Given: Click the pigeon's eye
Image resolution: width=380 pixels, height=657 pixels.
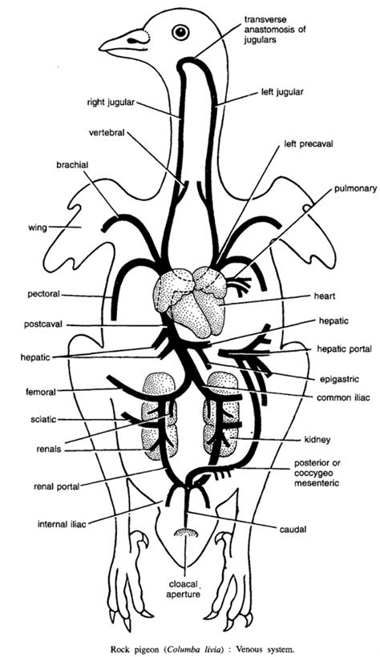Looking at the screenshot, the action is [180, 32].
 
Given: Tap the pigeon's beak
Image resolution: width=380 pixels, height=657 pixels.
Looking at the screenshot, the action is [123, 41].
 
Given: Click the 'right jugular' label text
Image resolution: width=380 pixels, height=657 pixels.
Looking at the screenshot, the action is [111, 103].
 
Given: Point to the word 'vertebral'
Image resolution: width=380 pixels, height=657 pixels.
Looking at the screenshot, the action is [107, 133].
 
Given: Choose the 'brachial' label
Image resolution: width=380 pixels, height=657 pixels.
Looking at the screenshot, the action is [72, 165].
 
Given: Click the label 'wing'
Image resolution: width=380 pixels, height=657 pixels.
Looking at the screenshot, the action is [38, 228].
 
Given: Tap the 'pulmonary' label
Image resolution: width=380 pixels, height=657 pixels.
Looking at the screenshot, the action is [356, 188].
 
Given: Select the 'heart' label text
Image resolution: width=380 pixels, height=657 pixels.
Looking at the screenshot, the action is [325, 296].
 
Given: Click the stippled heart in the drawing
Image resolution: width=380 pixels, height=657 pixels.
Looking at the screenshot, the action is [191, 300].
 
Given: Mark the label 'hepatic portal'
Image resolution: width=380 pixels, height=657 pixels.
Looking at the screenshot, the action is [344, 349].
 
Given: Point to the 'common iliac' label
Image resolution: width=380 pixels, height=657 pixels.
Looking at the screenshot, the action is [343, 397].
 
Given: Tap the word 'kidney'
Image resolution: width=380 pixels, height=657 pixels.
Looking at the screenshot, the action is [317, 440].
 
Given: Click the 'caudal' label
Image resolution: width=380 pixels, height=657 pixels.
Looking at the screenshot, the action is [293, 529].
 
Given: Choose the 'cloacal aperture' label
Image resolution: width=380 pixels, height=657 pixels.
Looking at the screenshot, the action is [184, 589].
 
